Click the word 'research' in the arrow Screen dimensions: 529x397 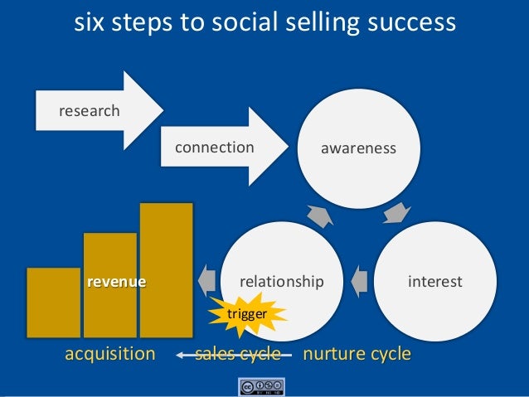coord(89,110)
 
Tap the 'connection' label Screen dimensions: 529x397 coord(214,148)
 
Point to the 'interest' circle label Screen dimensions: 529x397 coord(435,282)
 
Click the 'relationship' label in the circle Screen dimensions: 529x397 coord(281,282)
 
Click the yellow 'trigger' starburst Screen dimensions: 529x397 coord(247,314)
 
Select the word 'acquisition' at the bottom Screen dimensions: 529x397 coord(110,355)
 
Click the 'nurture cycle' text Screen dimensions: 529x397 coord(357,355)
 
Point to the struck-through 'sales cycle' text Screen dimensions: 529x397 coord(237,355)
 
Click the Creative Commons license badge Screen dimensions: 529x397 coord(262,387)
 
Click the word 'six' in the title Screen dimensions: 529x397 coord(92,22)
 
